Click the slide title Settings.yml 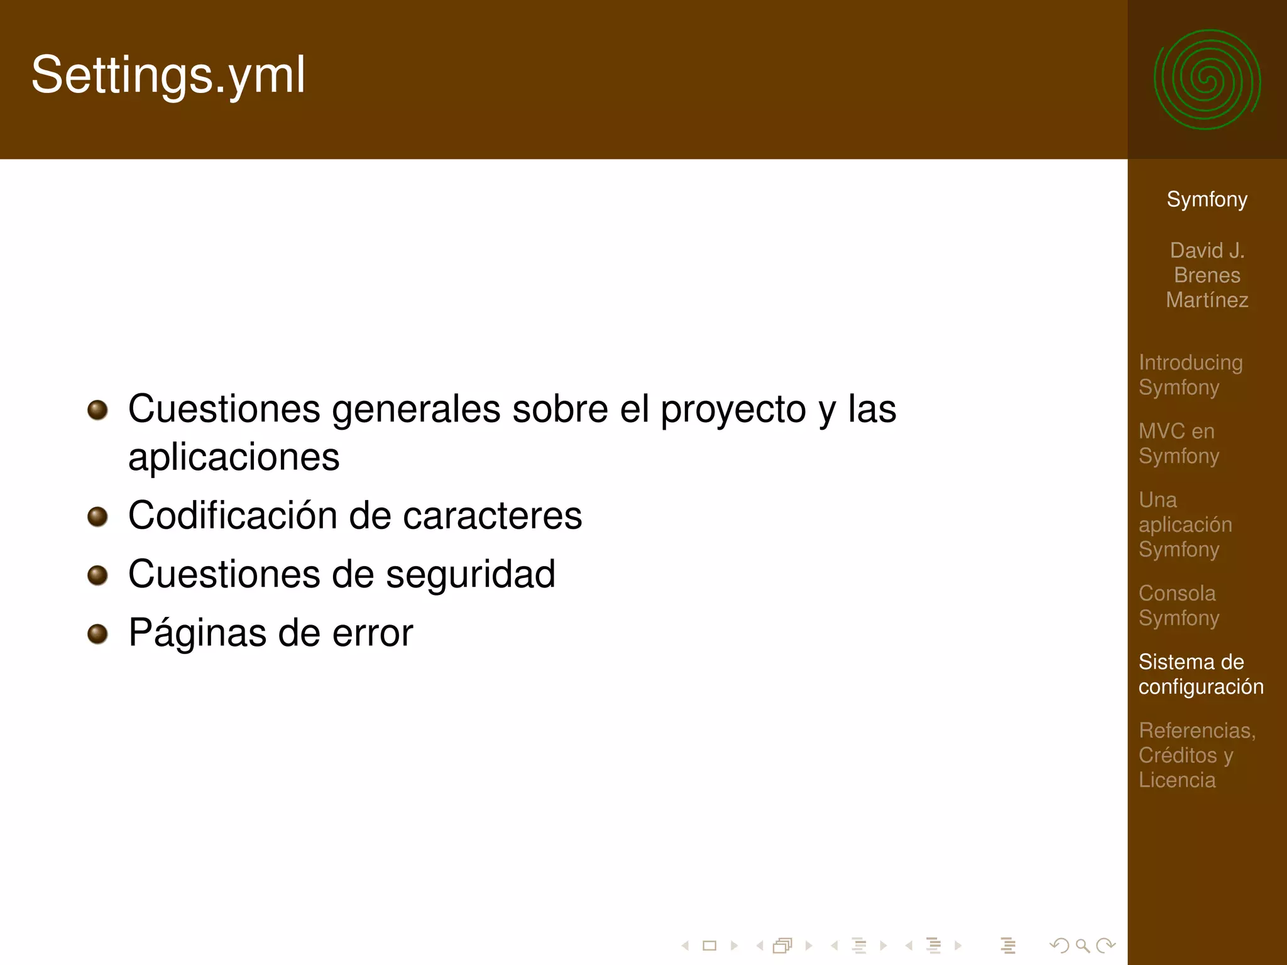pyautogui.click(x=168, y=75)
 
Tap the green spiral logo pyautogui.click(x=1207, y=80)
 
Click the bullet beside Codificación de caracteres pyautogui.click(x=97, y=516)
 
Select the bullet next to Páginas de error pyautogui.click(x=97, y=633)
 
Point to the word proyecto pyautogui.click(x=733, y=410)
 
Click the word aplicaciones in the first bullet pyautogui.click(x=234, y=457)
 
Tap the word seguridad pyautogui.click(x=471, y=574)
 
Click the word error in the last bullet pyautogui.click(x=373, y=633)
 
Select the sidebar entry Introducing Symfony pyautogui.click(x=1190, y=375)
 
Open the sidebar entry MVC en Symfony pyautogui.click(x=1178, y=444)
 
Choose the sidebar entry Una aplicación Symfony pyautogui.click(x=1185, y=525)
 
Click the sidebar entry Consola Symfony pyautogui.click(x=1178, y=606)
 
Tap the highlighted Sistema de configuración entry pyautogui.click(x=1200, y=674)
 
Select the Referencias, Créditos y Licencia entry pyautogui.click(x=1197, y=755)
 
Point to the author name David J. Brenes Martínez pyautogui.click(x=1207, y=275)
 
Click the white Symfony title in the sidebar pyautogui.click(x=1207, y=200)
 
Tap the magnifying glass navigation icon pyautogui.click(x=1082, y=946)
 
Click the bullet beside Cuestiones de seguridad pyautogui.click(x=97, y=575)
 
